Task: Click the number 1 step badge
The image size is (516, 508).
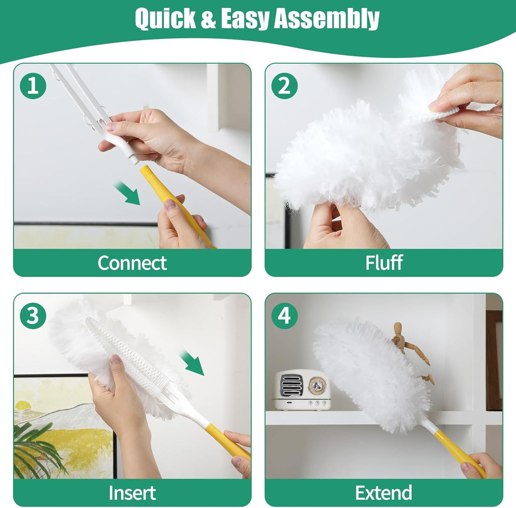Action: pos(33,86)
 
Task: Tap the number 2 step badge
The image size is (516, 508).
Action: pos(284,86)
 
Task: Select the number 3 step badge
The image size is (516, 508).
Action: pos(33,316)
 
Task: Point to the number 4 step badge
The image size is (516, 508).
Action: pos(284,316)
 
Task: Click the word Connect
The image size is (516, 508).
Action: pos(132,263)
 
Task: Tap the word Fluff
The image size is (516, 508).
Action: pos(384,263)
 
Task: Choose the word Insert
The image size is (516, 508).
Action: pos(132,492)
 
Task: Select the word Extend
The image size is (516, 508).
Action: pos(384,492)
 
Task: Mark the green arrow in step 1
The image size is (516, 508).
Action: pos(127,194)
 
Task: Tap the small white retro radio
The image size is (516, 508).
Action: pos(302,390)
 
